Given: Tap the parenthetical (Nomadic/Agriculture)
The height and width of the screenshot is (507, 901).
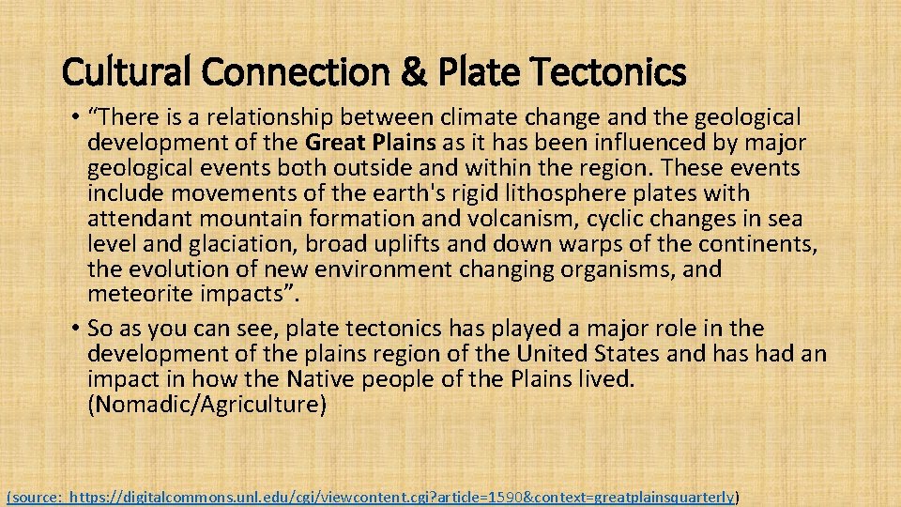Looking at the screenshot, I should (206, 405).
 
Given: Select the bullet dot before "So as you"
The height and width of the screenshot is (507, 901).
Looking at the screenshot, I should (74, 329).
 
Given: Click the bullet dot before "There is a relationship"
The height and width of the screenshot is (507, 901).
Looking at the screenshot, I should (74, 117).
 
